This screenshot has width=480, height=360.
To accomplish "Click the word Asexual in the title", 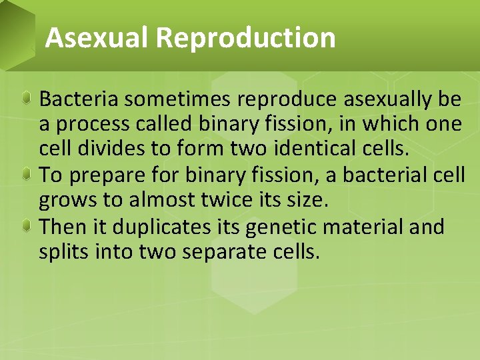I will tap(97, 38).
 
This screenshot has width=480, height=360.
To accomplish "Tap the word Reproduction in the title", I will tap(246, 38).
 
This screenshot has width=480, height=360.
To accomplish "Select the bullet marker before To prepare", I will tap(25, 175).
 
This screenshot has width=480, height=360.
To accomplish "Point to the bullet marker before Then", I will tap(25, 227).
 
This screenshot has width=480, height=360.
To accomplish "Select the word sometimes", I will tap(177, 99).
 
